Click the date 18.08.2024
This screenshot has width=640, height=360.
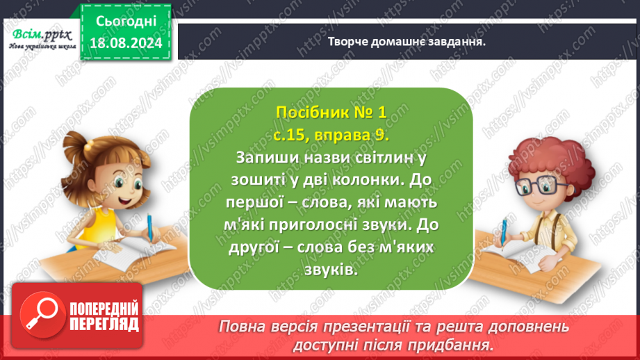(x=125, y=42)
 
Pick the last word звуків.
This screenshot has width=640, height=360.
(x=330, y=271)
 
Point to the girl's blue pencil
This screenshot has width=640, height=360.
(x=150, y=227)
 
